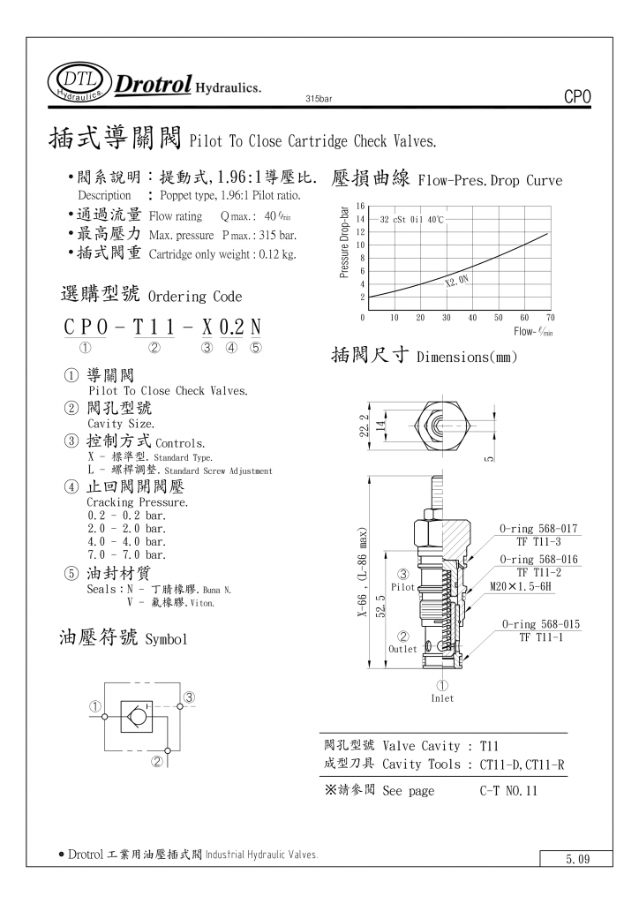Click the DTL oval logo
(79, 80)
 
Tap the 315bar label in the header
(318, 98)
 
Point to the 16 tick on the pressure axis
(360, 207)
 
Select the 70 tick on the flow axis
(551, 317)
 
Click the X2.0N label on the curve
(457, 281)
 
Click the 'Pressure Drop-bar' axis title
(344, 242)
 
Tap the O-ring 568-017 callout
(538, 529)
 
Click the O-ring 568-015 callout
(541, 624)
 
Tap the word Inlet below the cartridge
(442, 698)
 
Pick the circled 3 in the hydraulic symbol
(189, 698)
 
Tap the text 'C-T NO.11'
(508, 791)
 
